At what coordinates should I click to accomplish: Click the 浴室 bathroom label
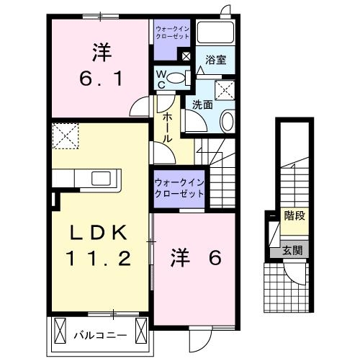pyautogui.click(x=216, y=61)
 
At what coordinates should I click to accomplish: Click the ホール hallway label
pyautogui.click(x=166, y=127)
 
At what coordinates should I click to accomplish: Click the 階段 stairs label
pyautogui.click(x=294, y=215)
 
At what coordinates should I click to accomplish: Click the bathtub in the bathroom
pyautogui.click(x=217, y=33)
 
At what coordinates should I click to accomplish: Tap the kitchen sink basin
pyautogui.click(x=100, y=178)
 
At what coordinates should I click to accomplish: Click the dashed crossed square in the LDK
pyautogui.click(x=64, y=135)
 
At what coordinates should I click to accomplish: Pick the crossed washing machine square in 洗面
pyautogui.click(x=226, y=90)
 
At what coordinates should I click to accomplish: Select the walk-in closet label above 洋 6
pyautogui.click(x=178, y=188)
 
